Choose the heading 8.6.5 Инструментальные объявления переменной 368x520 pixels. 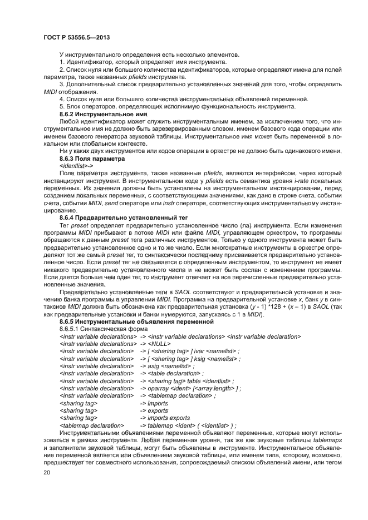pos(136,321)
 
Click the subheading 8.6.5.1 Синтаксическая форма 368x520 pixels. pos(100,329)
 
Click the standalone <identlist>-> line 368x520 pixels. pos(76,166)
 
